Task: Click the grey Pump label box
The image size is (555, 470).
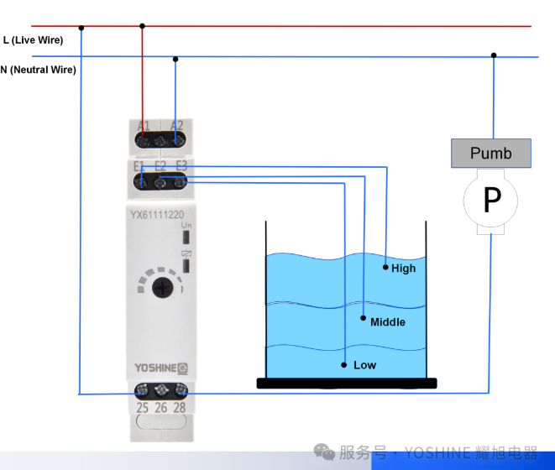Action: coord(491,153)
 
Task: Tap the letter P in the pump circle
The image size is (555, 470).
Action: coord(491,200)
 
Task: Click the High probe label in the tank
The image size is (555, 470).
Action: coord(403,269)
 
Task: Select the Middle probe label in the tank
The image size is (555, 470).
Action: coord(388,322)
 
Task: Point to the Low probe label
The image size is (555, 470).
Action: coord(364,365)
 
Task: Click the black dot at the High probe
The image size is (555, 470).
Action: coord(385,268)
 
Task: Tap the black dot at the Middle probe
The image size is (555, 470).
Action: coord(364,318)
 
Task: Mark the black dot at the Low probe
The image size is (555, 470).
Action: coord(344,364)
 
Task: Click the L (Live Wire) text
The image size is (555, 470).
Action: coord(33,39)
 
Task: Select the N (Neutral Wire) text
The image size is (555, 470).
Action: coord(39,70)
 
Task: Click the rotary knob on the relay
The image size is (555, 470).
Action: coord(160,289)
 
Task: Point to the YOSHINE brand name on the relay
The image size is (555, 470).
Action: coord(154,368)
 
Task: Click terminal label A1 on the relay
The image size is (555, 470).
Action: coord(144,126)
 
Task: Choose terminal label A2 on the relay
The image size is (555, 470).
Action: coord(176,126)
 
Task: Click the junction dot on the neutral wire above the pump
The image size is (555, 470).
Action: coord(494,56)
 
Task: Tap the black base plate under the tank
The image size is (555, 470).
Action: coord(347,384)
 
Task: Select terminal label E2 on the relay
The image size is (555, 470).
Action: coord(160,166)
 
